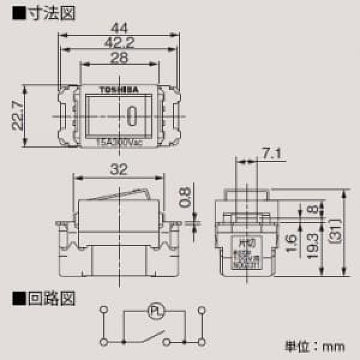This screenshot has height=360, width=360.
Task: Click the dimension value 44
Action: pyautogui.click(x=119, y=26)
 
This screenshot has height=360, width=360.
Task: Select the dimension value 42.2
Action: pyautogui.click(x=119, y=42)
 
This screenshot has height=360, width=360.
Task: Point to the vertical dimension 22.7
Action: pyautogui.click(x=18, y=115)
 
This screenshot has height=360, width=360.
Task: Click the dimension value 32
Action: pyautogui.click(x=119, y=170)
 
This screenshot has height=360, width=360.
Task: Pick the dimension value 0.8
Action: pyautogui.click(x=185, y=197)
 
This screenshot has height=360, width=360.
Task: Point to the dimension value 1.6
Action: pyautogui.click(x=290, y=242)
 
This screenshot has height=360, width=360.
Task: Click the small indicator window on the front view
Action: pyautogui.click(x=132, y=113)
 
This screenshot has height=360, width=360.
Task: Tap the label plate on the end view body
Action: pyautogui.click(x=245, y=251)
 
